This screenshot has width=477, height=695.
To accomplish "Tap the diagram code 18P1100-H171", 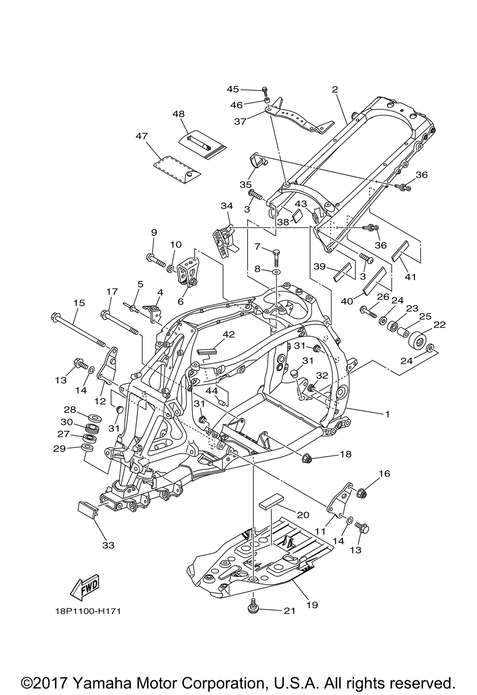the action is [88, 611].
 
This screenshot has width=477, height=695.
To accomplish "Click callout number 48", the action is [178, 114].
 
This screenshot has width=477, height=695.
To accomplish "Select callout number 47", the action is [142, 136].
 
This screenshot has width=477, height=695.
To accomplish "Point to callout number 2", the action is [334, 89].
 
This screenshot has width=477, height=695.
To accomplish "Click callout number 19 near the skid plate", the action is [312, 605].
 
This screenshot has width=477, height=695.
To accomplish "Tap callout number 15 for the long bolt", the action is [79, 302].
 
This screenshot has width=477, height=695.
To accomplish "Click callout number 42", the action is [229, 334].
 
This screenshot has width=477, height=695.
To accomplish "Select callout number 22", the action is [439, 324].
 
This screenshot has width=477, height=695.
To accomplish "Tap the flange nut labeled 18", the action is [308, 458].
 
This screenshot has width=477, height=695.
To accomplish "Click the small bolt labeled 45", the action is [265, 90].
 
